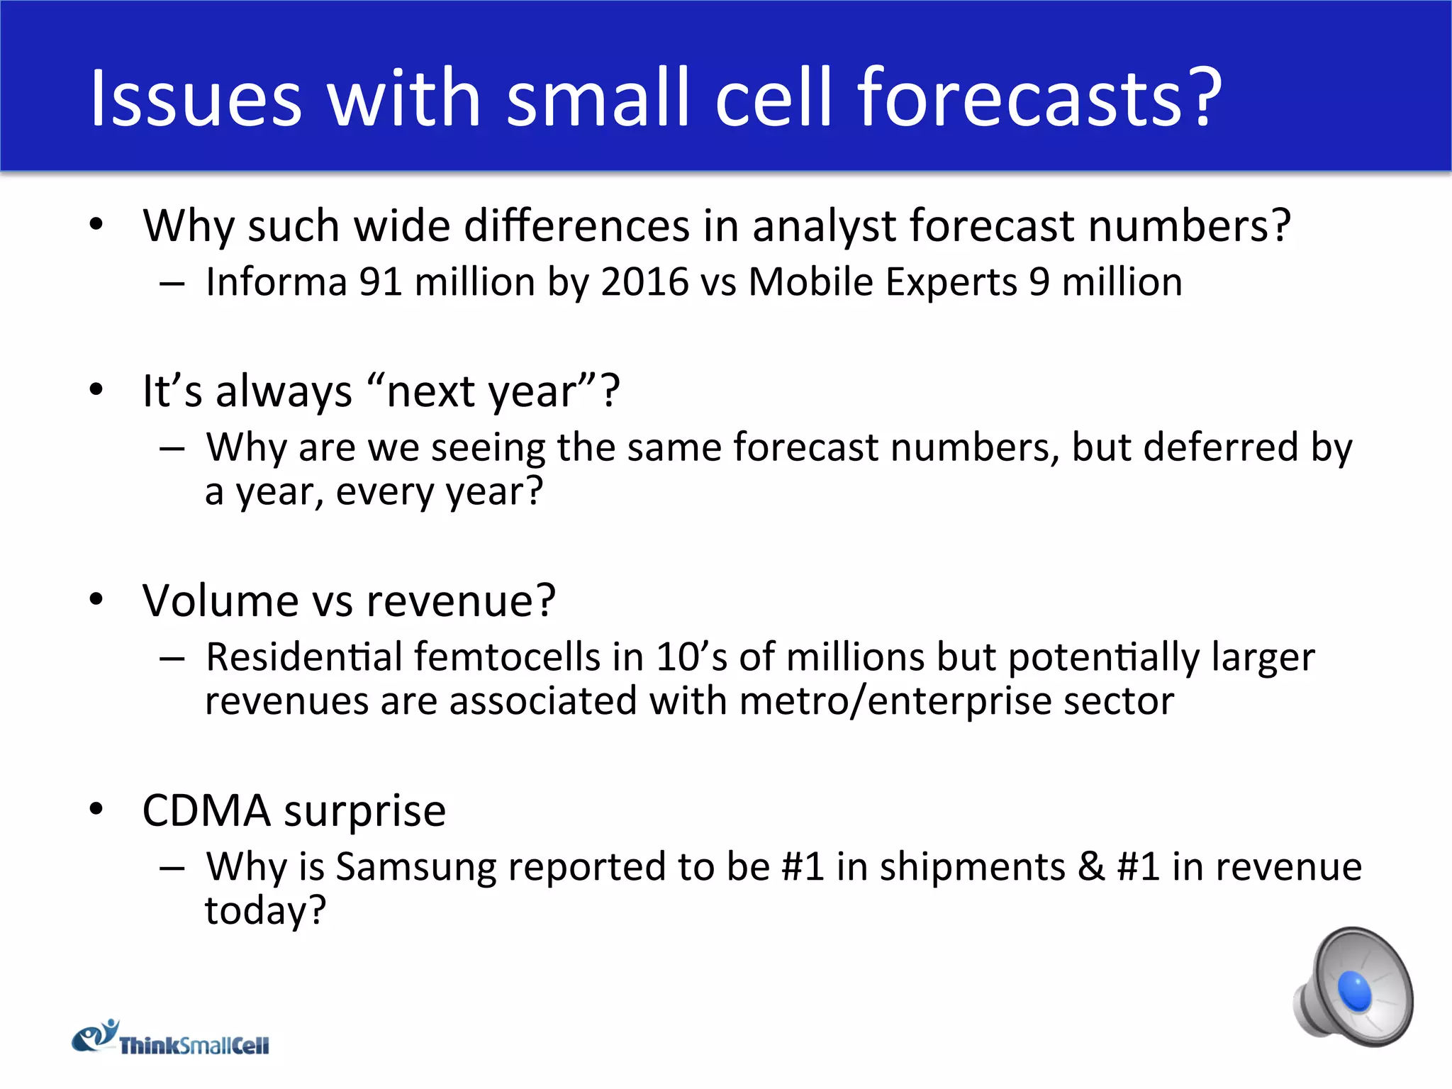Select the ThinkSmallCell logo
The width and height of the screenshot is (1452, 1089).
171,1039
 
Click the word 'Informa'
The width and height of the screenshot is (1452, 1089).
276,282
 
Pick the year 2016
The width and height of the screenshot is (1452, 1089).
644,282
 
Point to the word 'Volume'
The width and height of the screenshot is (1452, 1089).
220,601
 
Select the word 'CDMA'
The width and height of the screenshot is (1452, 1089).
206,810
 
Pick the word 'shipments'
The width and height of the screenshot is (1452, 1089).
972,868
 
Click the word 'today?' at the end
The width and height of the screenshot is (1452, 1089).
265,910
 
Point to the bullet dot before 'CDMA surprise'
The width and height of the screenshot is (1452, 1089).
96,808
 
